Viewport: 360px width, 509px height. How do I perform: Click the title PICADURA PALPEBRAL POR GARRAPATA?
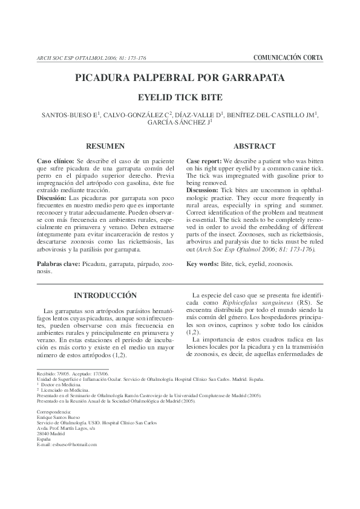pos(180,78)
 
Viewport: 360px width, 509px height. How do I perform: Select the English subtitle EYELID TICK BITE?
pos(180,97)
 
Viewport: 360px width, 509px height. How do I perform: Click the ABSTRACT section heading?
pos(255,146)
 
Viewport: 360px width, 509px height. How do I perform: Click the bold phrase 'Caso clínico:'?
pos(56,163)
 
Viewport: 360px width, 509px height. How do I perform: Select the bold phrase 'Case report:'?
pos(205,163)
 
